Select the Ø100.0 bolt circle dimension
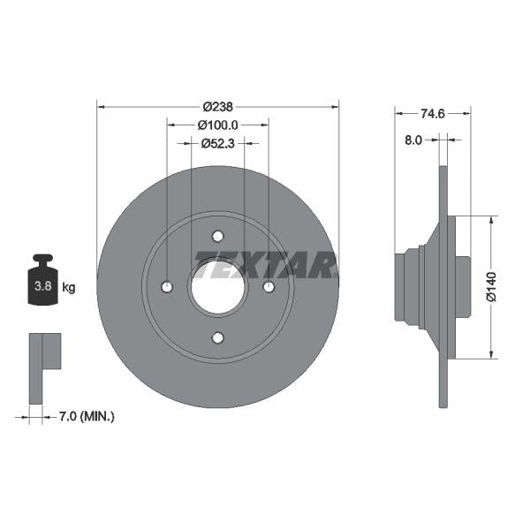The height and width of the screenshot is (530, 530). coord(217,125)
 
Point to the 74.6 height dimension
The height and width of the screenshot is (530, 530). coord(432,113)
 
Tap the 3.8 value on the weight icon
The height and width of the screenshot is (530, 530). coord(41,286)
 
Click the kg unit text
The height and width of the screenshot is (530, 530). coord(69,287)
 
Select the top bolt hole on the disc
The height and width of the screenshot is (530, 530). coord(217,236)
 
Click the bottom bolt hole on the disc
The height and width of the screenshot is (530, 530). coord(217,337)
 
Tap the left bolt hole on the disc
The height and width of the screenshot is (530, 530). coord(167,287)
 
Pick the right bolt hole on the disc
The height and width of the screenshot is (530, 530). coord(269,287)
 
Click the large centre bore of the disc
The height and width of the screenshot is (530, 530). coord(217,287)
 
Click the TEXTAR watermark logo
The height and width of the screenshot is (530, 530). coord(265,264)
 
